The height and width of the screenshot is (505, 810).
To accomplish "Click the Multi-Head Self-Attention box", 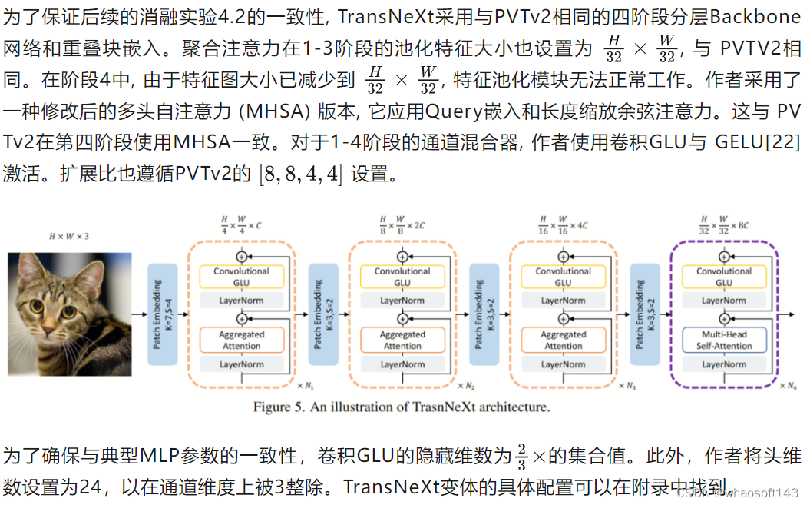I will [x=724, y=340].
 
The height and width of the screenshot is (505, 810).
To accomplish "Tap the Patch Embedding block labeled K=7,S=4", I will [x=164, y=314].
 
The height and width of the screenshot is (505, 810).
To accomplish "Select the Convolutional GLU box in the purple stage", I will [x=724, y=277].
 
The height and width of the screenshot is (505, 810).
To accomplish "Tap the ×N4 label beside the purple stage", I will [x=788, y=386].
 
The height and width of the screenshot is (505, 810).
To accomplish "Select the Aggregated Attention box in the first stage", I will [x=241, y=340].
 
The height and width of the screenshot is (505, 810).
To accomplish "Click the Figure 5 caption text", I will [x=402, y=407].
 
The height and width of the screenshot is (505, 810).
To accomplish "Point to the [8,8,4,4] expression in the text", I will [x=301, y=174].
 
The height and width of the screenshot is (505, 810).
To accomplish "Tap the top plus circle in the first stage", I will [x=242, y=255].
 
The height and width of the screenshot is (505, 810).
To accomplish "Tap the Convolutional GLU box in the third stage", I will [x=563, y=277].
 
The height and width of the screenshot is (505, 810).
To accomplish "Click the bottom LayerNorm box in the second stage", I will [x=402, y=364].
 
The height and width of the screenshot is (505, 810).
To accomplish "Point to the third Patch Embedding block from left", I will [x=484, y=314].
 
